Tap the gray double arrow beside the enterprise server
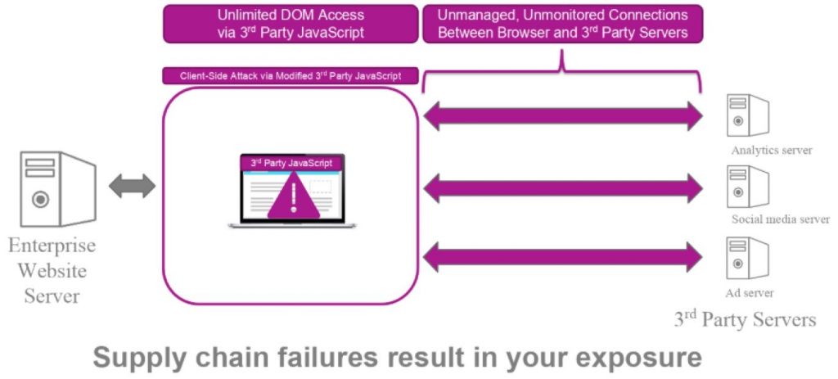pyautogui.click(x=132, y=187)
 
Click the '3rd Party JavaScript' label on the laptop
pyautogui.click(x=291, y=163)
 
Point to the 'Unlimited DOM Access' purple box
pyautogui.click(x=291, y=24)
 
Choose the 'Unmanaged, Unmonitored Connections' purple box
pyautogui.click(x=562, y=24)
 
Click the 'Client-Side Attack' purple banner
pyautogui.click(x=291, y=76)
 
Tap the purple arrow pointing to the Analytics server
pyautogui.click(x=563, y=116)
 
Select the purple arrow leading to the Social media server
pyautogui.click(x=563, y=188)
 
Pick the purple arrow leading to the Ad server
pyautogui.click(x=563, y=256)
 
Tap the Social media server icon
pyautogui.click(x=747, y=187)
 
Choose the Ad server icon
pyautogui.click(x=747, y=258)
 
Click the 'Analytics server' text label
pyautogui.click(x=772, y=151)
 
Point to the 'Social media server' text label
pyautogui.click(x=780, y=220)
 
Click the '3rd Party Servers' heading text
pyautogui.click(x=745, y=318)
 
